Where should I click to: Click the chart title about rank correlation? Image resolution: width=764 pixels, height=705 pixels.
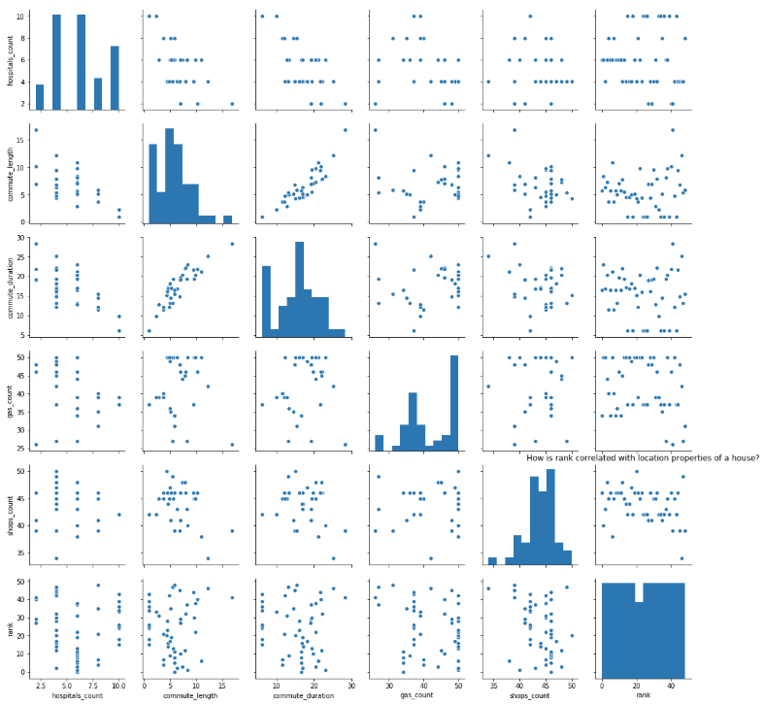(x=642, y=457)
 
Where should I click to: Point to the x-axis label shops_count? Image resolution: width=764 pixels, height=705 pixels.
(x=530, y=697)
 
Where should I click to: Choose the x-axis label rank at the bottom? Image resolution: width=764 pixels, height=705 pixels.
(x=644, y=697)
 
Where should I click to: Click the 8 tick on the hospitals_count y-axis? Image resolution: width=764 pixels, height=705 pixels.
(x=21, y=38)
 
